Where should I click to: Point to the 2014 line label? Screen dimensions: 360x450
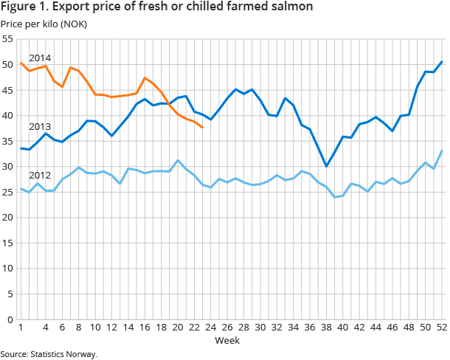(40, 58)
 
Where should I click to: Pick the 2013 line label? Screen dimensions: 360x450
(40, 126)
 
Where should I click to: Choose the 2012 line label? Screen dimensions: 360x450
(40, 176)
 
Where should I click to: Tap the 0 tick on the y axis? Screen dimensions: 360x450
(10, 319)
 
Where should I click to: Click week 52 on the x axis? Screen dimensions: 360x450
(441, 328)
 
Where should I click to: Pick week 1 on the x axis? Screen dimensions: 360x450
(21, 328)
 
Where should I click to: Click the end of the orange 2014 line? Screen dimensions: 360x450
(202, 127)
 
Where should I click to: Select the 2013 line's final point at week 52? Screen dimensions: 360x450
(441, 61)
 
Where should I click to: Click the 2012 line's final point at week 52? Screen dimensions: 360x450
(441, 150)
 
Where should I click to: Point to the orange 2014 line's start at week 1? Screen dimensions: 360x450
(21, 63)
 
